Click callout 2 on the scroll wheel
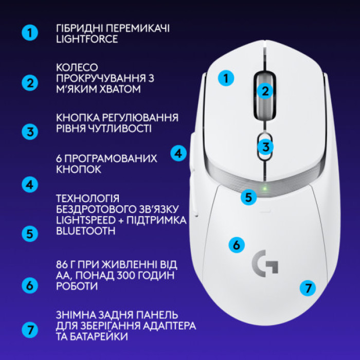[265, 92]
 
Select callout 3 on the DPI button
[265, 147]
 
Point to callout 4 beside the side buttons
[178, 153]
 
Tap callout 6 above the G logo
[236, 244]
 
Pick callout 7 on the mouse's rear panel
[308, 288]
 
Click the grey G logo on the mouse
[265, 264]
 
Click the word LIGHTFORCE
[87, 39]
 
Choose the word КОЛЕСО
[77, 68]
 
